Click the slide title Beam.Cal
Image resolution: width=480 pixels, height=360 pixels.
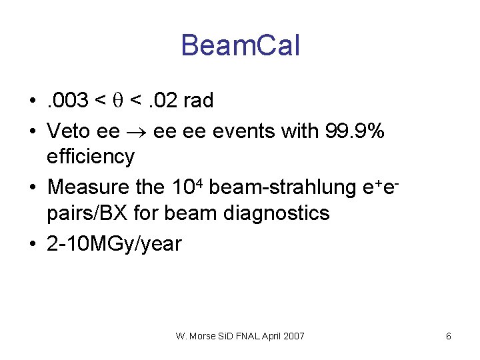point(240,46)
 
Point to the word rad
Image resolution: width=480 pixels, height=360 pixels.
point(198,101)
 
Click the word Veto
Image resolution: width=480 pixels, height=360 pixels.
point(69,131)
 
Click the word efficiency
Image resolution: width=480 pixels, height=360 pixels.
point(90,157)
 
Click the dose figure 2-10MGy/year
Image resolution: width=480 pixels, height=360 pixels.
point(114,244)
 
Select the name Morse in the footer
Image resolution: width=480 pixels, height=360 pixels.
point(203,336)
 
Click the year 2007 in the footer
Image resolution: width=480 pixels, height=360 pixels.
point(293,336)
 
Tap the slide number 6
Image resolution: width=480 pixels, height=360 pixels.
point(448,336)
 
